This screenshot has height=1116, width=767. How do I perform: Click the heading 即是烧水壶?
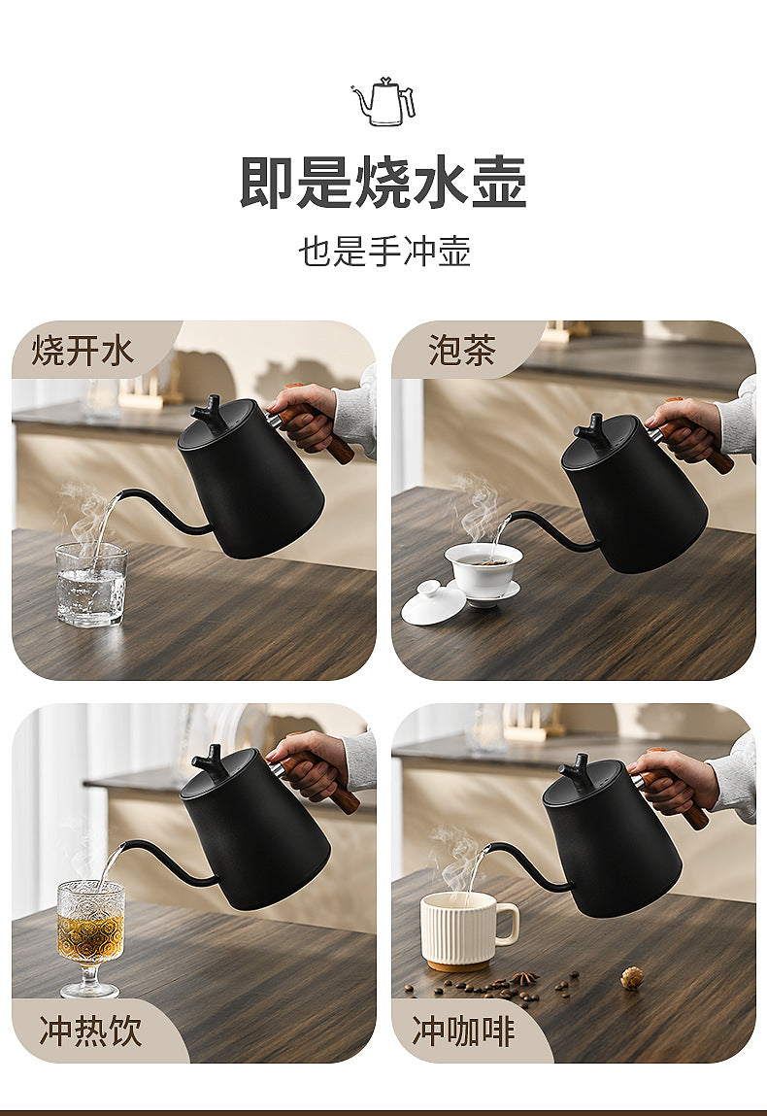tap(383, 183)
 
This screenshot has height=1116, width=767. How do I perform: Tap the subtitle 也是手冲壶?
tap(384, 252)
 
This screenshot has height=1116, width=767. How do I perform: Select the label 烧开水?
tap(83, 351)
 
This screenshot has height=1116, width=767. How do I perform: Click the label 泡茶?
tap(462, 351)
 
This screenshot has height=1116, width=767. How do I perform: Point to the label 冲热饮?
tap(90, 1031)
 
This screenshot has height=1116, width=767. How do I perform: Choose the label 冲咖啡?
tap(463, 1031)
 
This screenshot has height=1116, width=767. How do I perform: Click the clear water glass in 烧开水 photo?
tap(91, 584)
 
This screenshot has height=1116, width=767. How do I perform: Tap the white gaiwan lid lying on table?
tap(433, 603)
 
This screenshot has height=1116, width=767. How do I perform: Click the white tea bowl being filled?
tap(484, 573)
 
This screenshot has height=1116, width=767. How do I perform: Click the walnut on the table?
tap(630, 977)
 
